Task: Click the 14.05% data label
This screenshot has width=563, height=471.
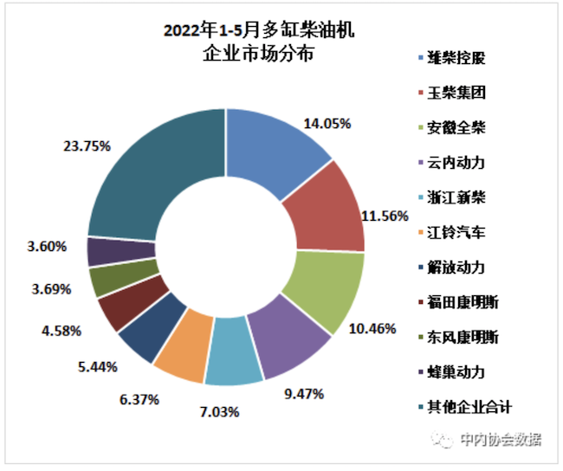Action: click(327, 124)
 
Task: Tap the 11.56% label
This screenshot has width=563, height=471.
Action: click(385, 216)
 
